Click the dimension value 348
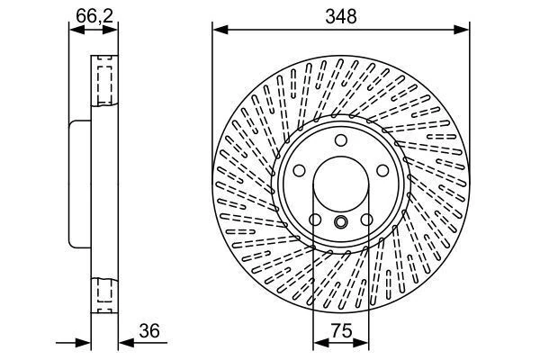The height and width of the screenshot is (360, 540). pos(341,16)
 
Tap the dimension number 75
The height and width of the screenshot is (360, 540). pos(340,330)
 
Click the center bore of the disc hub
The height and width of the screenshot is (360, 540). pos(340,185)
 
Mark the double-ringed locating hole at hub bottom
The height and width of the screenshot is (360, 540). pos(340,223)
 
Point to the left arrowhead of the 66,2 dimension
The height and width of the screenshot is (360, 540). pos(75,30)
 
